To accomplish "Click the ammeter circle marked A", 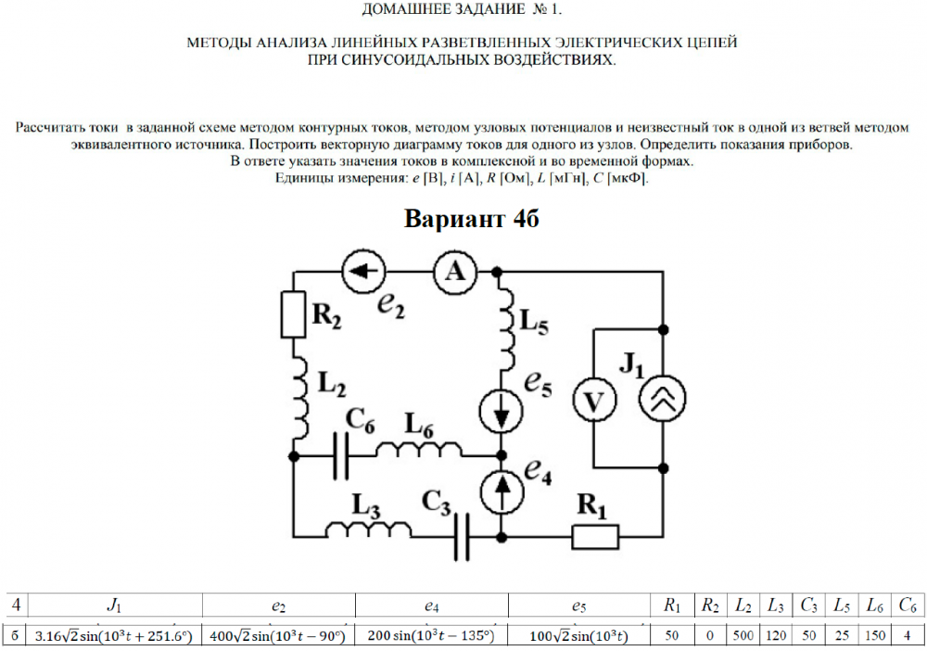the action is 454,271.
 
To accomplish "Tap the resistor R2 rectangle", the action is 293,315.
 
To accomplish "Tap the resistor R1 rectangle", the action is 595,536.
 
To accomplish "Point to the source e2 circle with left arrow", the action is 362,271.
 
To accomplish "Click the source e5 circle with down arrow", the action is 501,410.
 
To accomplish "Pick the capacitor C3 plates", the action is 463,536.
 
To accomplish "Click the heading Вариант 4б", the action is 472,220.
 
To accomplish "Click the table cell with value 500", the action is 742,635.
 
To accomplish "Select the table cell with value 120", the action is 772,635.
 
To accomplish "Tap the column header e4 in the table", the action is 432,606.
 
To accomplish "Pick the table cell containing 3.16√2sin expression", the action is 113,635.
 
